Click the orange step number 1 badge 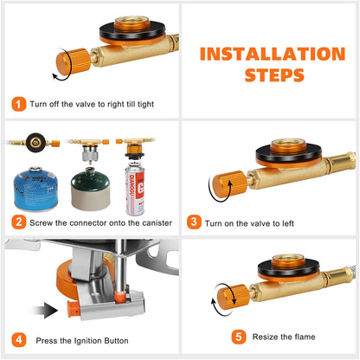pos(19,104)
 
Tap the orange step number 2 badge pos(19,222)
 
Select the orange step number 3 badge pos(194,222)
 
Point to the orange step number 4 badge pos(19,340)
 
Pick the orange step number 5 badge pos(239,337)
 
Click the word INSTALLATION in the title pos(273,54)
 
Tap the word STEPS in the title pos(274,75)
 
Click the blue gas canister pos(35,189)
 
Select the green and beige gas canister pos(91,189)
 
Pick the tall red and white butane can pos(135,189)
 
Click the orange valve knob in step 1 pos(74,62)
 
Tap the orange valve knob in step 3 pos(229,184)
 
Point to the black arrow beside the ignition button pos(46,310)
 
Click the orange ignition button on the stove pos(74,309)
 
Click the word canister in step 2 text pos(157,223)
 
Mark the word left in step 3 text pos(288,223)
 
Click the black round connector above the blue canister pos(35,143)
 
